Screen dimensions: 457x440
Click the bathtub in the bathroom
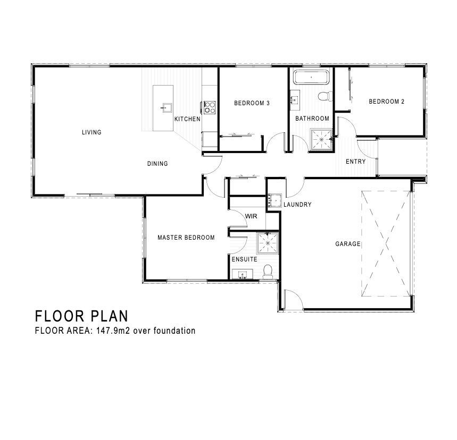click(x=311, y=77)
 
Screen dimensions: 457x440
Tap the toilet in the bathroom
click(x=325, y=96)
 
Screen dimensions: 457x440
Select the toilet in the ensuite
click(x=268, y=271)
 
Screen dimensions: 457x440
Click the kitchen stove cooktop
click(x=210, y=107)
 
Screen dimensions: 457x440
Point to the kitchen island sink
click(x=166, y=108)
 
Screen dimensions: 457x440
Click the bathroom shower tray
click(x=321, y=139)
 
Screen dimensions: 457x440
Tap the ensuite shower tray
click(x=268, y=243)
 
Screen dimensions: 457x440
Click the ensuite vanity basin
click(x=242, y=274)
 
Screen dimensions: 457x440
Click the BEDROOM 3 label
click(x=252, y=103)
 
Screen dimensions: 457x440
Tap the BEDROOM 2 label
click(x=386, y=101)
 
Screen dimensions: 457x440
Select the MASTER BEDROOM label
click(x=186, y=238)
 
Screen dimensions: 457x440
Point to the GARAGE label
click(x=348, y=244)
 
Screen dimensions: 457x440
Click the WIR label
click(x=251, y=216)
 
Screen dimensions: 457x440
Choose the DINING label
click(x=157, y=164)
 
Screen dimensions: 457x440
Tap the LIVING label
click(x=92, y=132)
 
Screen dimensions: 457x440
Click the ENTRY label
click(x=355, y=162)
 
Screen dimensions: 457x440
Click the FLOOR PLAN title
click(x=81, y=316)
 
